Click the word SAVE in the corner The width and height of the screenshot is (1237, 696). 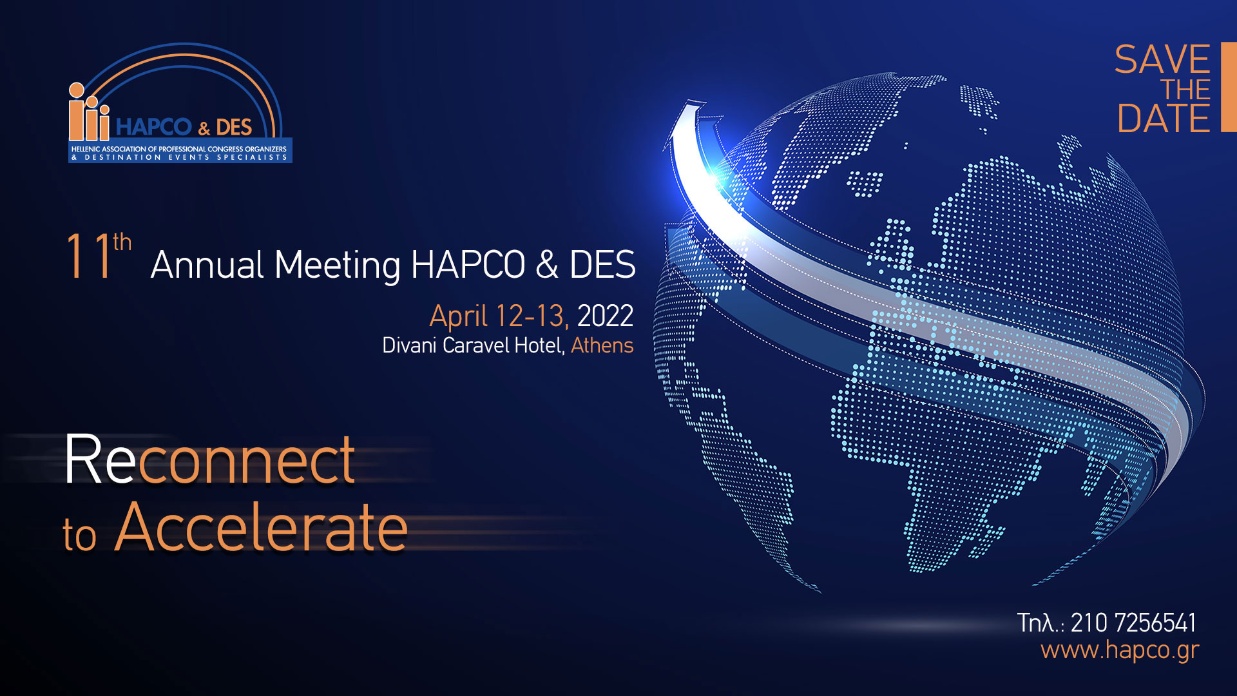(x=1162, y=60)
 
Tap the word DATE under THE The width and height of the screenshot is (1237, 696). (x=1164, y=119)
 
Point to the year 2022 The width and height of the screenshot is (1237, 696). (x=605, y=316)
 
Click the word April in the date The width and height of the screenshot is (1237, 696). (x=459, y=316)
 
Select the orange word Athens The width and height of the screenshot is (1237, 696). (x=602, y=345)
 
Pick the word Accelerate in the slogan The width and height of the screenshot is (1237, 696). (x=261, y=528)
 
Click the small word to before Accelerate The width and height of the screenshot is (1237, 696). (x=79, y=536)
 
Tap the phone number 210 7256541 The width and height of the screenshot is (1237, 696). (x=1133, y=623)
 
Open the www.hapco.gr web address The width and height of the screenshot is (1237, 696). (x=1120, y=650)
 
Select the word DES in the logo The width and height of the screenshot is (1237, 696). (x=234, y=128)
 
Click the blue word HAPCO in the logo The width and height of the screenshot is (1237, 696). (x=154, y=127)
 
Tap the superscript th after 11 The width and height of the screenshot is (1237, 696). (x=122, y=242)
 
